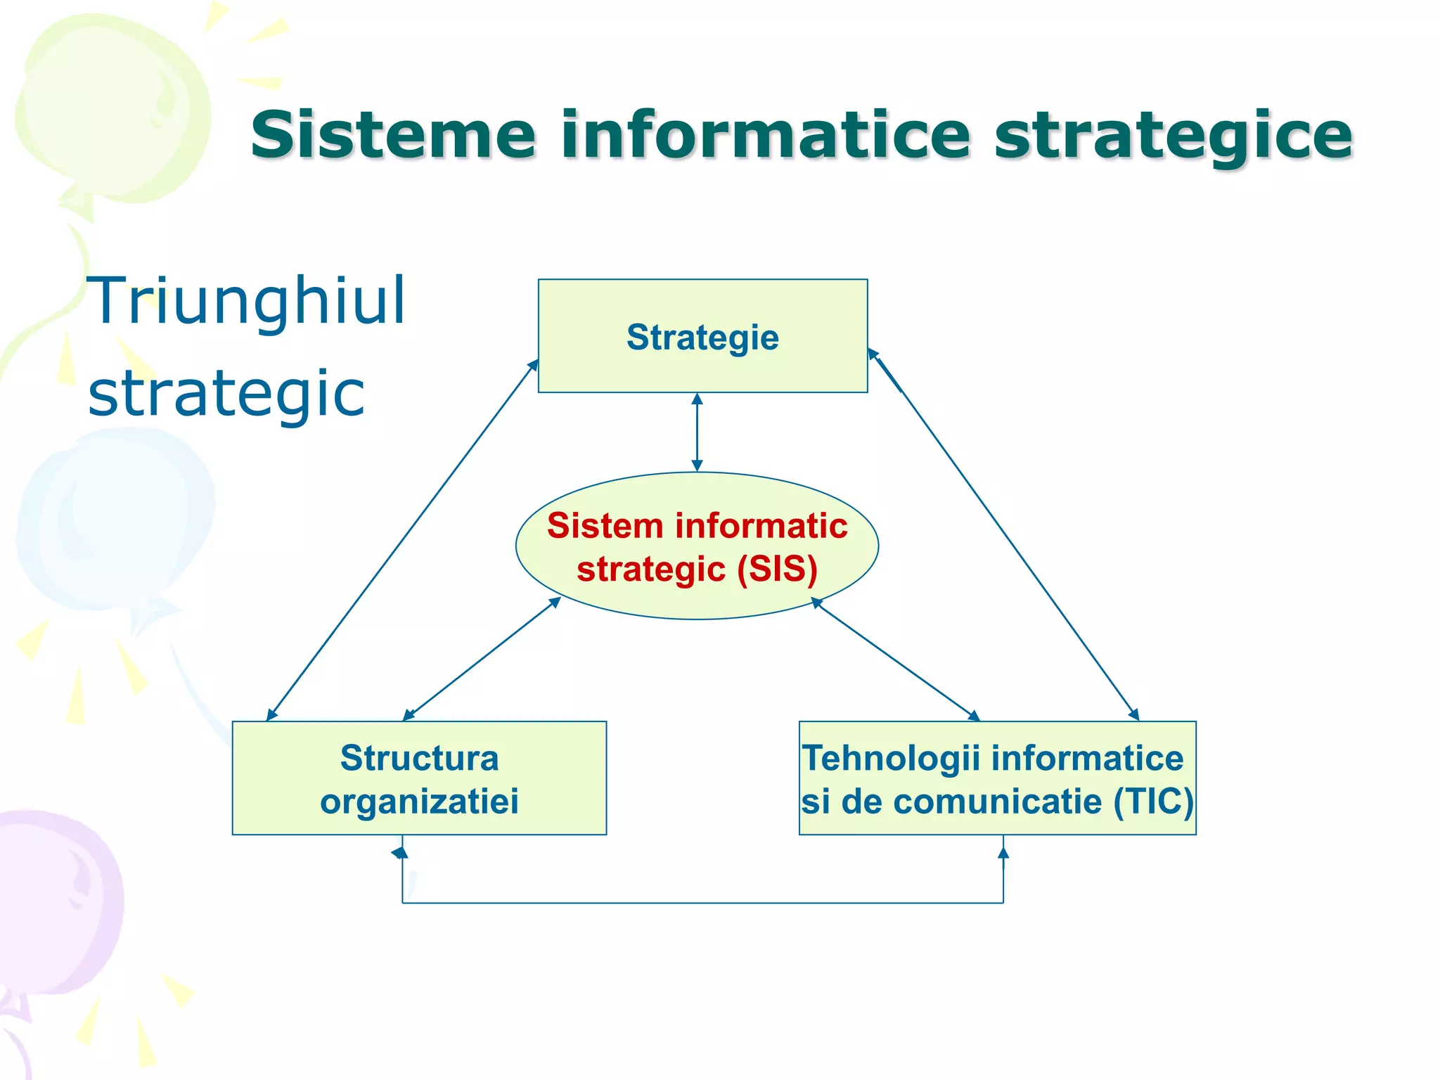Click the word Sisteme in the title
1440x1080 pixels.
pyautogui.click(x=393, y=134)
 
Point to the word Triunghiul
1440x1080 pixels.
pyautogui.click(x=246, y=301)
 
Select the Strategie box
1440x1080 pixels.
pyautogui.click(x=702, y=336)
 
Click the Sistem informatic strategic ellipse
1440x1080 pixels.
pyautogui.click(x=697, y=546)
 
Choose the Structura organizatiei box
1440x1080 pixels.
pyautogui.click(x=419, y=778)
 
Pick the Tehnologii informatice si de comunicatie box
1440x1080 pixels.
pyautogui.click(x=997, y=778)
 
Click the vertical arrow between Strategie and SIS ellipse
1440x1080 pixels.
pyautogui.click(x=697, y=432)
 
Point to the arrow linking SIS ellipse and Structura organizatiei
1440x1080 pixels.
pyautogui.click(x=482, y=659)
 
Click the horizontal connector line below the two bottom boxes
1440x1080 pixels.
pyautogui.click(x=702, y=902)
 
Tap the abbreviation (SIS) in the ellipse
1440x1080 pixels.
pyautogui.click(x=777, y=569)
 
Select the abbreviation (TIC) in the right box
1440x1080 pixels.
pyautogui.click(x=1153, y=801)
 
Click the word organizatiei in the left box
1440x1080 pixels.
pyautogui.click(x=419, y=801)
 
